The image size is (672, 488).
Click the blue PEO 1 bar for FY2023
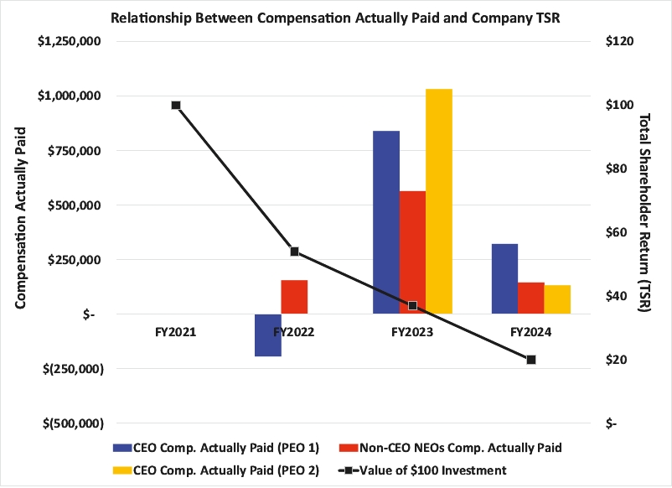point(386,222)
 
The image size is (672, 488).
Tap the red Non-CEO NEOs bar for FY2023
point(412,252)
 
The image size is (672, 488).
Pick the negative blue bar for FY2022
point(268,335)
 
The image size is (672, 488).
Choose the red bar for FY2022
point(294,297)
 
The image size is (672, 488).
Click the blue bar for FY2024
point(504,279)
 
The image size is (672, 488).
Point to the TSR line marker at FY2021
point(176,105)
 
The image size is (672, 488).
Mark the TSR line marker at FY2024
point(531,360)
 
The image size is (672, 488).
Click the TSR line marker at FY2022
point(294,252)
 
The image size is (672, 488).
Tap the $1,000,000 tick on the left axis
point(66,96)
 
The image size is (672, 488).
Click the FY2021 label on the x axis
point(175,333)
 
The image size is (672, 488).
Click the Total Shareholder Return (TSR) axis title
point(646,214)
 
